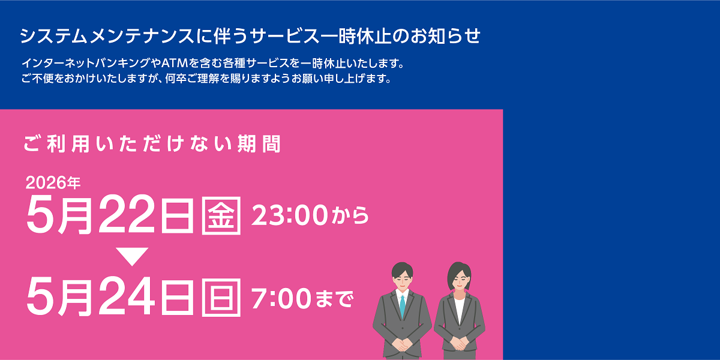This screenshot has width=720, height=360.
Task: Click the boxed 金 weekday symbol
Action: coord(222,215)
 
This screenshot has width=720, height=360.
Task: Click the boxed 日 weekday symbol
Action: coord(222,296)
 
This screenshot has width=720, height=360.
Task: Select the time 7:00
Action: coord(277,297)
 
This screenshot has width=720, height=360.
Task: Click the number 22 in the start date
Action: coord(127,215)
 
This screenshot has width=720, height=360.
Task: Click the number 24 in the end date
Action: coord(127,296)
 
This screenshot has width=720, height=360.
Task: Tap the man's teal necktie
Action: coord(403,306)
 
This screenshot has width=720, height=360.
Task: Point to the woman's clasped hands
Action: coord(459,344)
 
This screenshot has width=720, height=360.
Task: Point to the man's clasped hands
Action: coord(402,344)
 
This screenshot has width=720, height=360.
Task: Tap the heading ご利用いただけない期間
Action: coord(152,145)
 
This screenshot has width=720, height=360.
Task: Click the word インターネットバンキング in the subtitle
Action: coord(83,63)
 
